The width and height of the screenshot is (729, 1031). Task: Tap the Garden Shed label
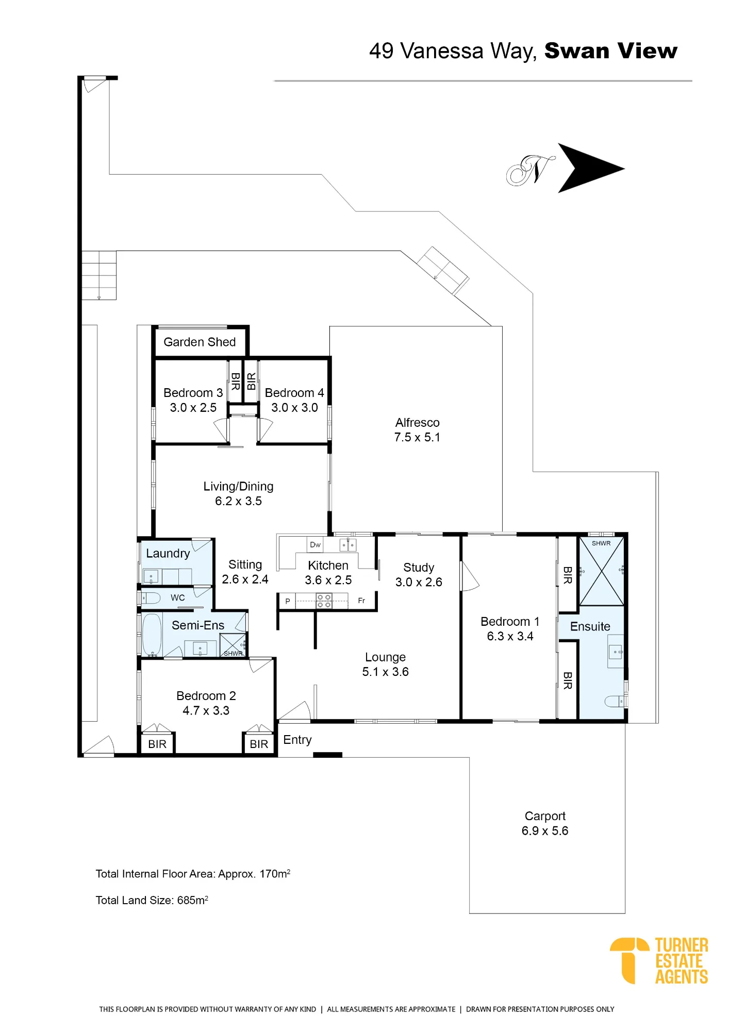click(200, 342)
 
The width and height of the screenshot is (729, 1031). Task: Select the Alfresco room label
click(417, 423)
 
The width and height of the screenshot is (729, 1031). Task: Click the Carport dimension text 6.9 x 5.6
click(545, 830)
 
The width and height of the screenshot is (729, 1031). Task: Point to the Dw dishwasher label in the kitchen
click(315, 544)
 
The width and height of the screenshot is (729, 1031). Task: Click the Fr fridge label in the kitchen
click(361, 601)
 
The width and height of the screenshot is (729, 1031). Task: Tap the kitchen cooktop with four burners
click(324, 601)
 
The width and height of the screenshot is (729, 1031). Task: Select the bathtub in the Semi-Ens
click(152, 634)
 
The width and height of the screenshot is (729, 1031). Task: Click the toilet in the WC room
click(150, 598)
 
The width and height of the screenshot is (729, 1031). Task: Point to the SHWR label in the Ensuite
click(601, 543)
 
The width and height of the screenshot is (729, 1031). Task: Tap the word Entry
click(297, 740)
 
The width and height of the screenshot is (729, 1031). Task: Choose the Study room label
click(419, 567)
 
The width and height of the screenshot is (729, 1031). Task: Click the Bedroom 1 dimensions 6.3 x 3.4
click(510, 636)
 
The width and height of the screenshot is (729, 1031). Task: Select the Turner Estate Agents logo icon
click(629, 960)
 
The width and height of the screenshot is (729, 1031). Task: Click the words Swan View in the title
click(611, 51)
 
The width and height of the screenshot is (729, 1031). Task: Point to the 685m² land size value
click(193, 900)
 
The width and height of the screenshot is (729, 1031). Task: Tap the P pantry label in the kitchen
click(288, 601)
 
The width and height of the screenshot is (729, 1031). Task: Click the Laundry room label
click(168, 554)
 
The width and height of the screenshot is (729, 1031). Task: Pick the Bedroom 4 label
click(294, 393)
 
